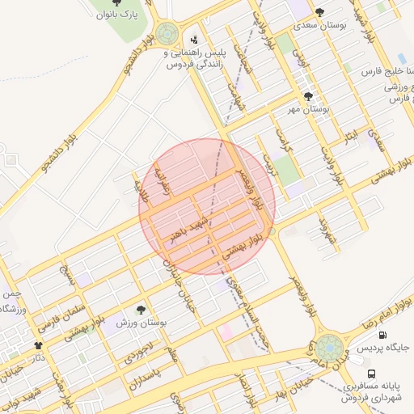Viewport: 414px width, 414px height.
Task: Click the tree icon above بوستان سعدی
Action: click(320, 12)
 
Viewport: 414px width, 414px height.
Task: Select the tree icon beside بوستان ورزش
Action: click(142, 309)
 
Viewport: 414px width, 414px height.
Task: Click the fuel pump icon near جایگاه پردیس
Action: click(382, 335)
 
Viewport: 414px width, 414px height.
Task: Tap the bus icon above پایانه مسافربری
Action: click(371, 374)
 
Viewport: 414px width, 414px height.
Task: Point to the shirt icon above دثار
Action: click(37, 344)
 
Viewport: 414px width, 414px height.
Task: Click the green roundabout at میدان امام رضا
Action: click(328, 349)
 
